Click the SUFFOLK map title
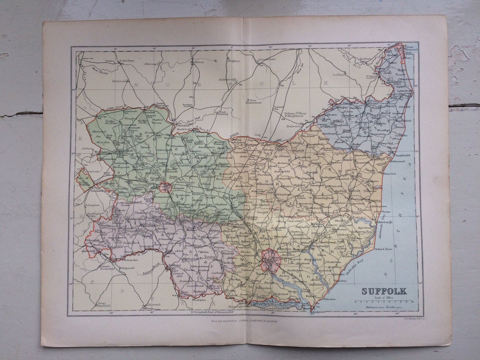pos(384,291)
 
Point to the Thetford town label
pos(182,126)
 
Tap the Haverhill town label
pos(89,251)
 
